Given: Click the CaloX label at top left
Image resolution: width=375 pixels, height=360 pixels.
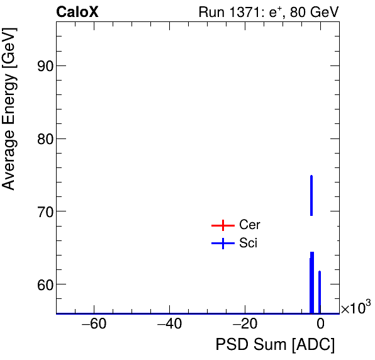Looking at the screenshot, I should (x=77, y=12).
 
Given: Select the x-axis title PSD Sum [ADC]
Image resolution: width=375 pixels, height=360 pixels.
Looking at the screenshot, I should (x=275, y=345).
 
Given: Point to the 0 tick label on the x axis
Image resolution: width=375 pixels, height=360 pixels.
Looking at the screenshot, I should (x=320, y=325).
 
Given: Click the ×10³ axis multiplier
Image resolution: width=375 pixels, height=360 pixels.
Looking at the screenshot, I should (x=355, y=308).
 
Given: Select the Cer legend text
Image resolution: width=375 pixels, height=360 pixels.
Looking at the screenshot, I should (x=250, y=225).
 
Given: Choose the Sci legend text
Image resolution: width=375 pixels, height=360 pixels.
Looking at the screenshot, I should (x=249, y=243).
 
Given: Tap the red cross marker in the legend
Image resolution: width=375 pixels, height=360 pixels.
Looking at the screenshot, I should (x=223, y=225).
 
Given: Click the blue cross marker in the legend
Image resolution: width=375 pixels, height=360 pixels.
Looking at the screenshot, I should (x=223, y=243).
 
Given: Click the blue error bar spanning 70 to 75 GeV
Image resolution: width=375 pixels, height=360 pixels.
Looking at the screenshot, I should (x=311, y=195).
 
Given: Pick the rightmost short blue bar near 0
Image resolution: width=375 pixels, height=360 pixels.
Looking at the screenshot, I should (x=320, y=291).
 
